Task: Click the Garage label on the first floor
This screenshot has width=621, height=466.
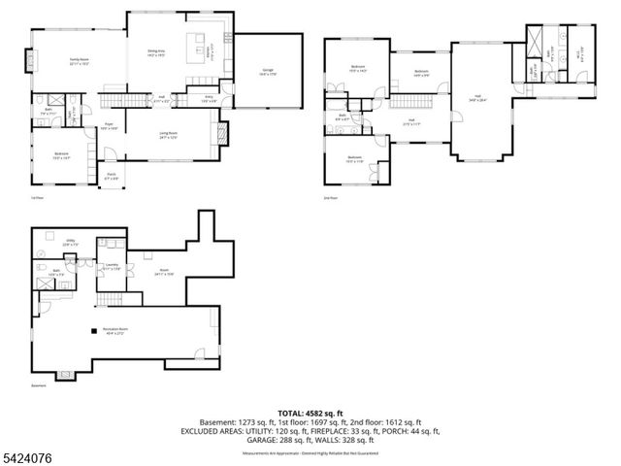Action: pyautogui.click(x=267, y=70)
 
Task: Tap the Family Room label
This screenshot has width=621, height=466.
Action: pyautogui.click(x=79, y=60)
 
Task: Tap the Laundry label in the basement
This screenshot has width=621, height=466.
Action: pyautogui.click(x=113, y=265)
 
